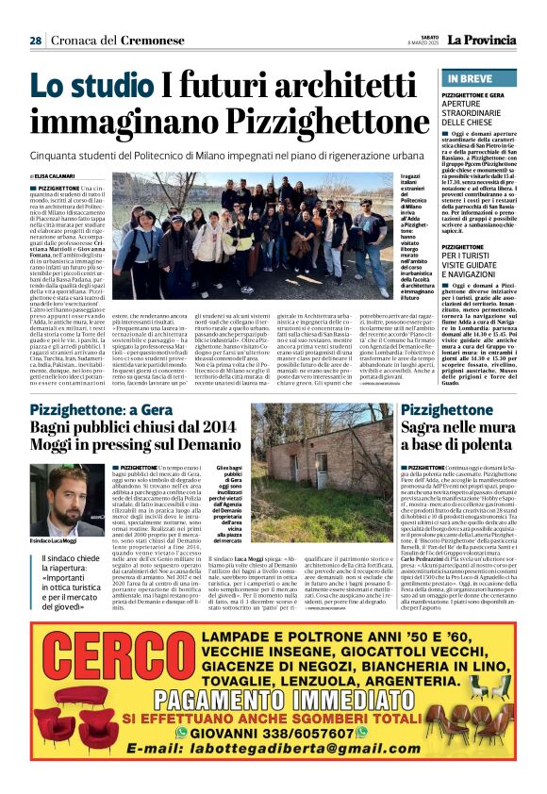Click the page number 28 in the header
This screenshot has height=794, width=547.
point(35,41)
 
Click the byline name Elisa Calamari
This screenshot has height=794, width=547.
point(56,176)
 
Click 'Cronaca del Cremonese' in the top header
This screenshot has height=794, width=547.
point(104,41)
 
